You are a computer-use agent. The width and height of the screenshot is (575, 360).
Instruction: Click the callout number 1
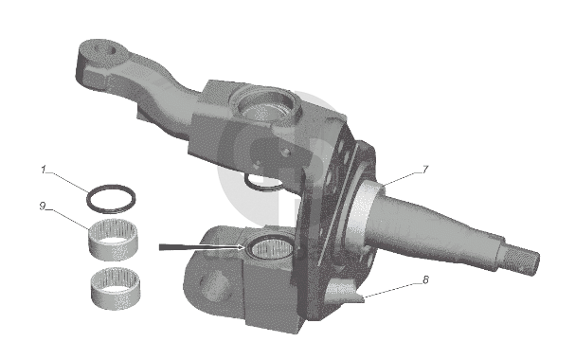[44, 170]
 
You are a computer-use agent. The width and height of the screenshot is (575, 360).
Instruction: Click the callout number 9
[43, 206]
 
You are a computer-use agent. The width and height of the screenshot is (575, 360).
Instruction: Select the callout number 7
[425, 170]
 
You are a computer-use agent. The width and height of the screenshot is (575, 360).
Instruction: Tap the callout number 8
[425, 279]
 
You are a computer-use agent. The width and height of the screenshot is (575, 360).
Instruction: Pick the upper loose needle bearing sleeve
[113, 240]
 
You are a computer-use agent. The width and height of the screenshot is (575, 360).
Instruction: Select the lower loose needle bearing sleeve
[116, 289]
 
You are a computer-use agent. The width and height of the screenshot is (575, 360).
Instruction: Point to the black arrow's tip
[244, 247]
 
